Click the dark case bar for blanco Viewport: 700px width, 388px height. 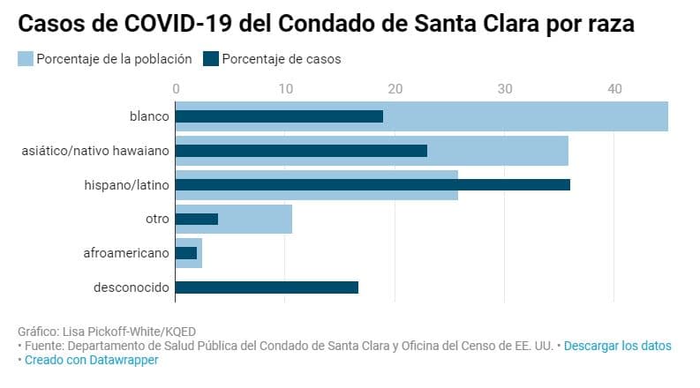279,116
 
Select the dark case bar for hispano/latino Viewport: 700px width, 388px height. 373,184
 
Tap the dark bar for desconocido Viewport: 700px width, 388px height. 267,287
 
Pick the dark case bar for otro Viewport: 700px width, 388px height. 197,219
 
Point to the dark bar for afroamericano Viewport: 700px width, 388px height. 186,253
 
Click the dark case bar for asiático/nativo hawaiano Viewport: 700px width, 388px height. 301,151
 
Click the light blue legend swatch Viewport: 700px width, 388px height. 25,59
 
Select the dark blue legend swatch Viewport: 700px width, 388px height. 211,59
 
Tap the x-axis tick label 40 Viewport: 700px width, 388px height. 614,89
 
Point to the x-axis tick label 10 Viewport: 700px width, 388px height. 285,89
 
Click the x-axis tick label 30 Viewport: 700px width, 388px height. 505,89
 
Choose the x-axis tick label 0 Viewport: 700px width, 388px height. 177,89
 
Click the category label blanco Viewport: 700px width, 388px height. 148,116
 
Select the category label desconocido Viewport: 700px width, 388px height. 131,287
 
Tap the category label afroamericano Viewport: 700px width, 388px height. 125,253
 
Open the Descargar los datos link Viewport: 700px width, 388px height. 617,346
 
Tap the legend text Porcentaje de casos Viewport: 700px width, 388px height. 282,59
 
